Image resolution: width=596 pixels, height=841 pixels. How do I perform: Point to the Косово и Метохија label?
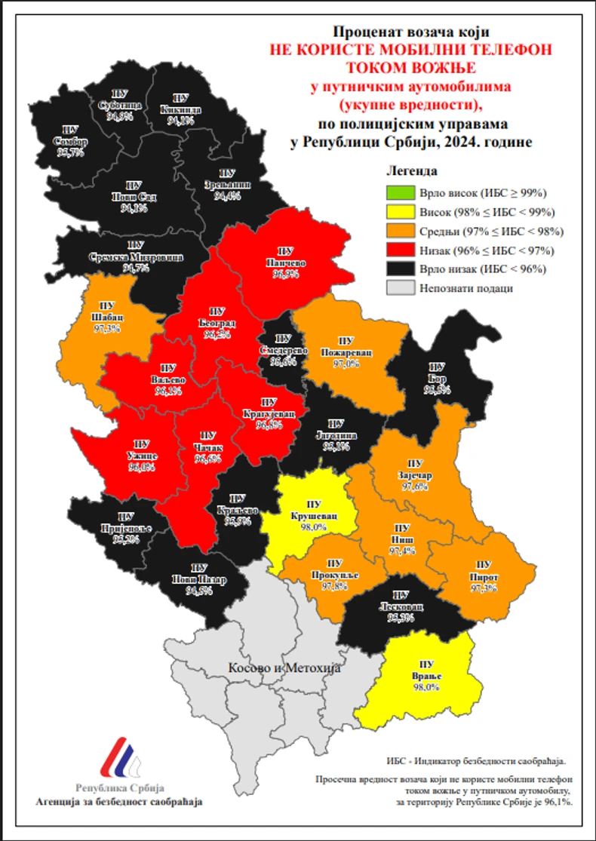[x=284, y=668]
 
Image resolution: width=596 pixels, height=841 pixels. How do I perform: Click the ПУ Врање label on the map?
[x=426, y=676]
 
